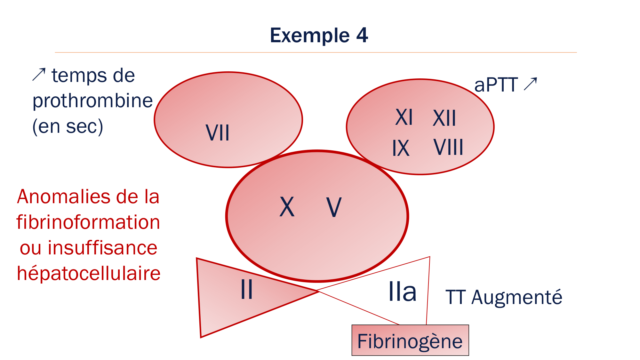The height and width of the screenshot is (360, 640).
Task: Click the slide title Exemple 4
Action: click(319, 35)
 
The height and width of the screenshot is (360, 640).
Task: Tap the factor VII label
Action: click(218, 133)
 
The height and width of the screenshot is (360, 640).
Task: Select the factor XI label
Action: click(404, 117)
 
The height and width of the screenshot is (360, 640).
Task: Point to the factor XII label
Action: click(444, 118)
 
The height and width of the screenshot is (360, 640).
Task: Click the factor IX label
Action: click(401, 148)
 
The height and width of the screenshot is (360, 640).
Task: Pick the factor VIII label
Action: click(448, 148)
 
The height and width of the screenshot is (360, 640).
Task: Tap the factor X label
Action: click(287, 207)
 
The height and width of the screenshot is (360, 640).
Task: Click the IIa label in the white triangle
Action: click(402, 292)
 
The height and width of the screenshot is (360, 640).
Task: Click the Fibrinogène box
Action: click(410, 340)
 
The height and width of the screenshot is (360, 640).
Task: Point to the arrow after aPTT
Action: click(530, 84)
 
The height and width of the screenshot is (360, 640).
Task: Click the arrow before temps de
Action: click(39, 75)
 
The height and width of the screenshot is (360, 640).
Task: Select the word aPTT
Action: click(496, 85)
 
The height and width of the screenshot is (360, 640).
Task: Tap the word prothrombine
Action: click(92, 101)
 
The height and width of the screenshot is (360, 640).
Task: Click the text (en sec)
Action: click(68, 126)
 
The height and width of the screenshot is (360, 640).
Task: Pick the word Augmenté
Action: click(516, 297)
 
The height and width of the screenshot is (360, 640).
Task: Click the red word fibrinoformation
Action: click(88, 222)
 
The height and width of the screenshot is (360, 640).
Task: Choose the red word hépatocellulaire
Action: click(89, 274)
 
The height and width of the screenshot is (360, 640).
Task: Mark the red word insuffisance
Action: click(102, 248)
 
